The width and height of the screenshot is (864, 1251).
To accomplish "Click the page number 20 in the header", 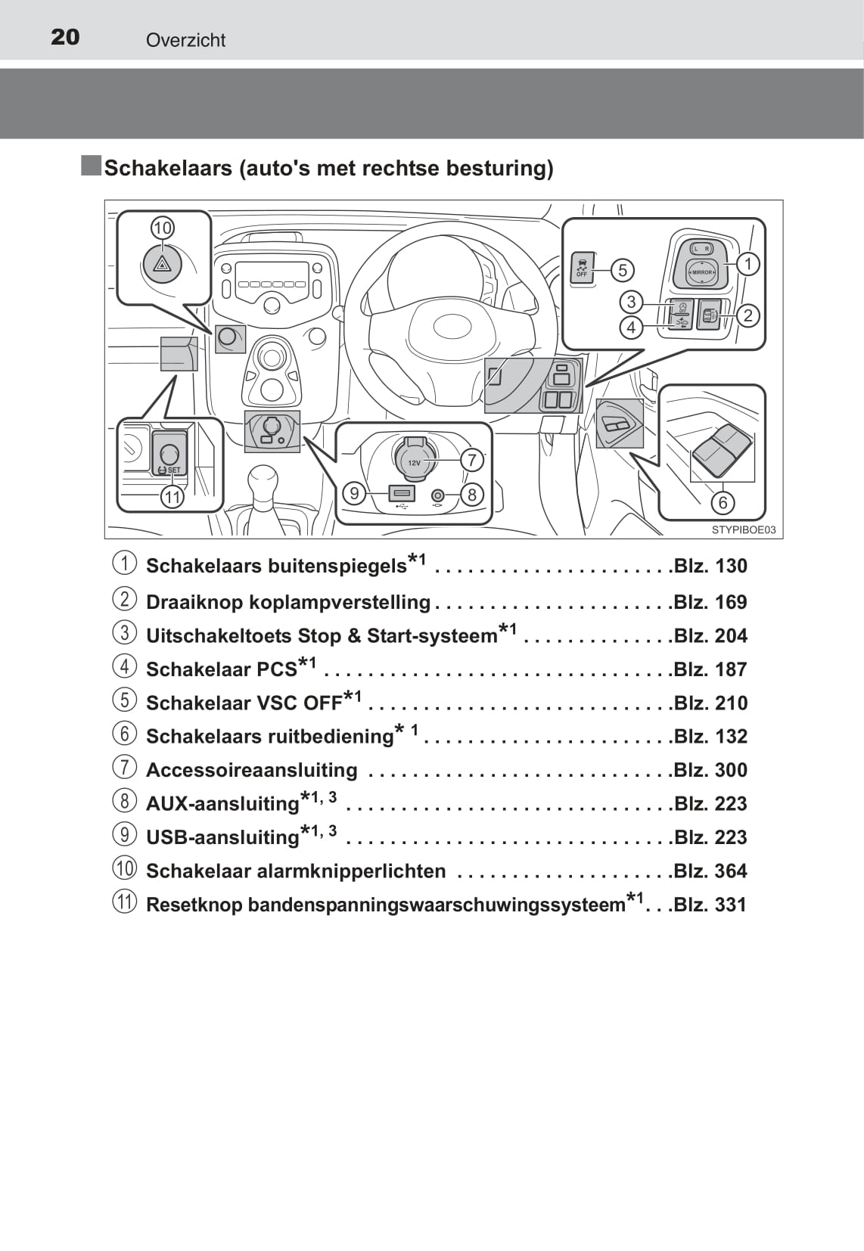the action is [65, 37].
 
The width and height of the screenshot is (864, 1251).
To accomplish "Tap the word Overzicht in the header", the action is [185, 40].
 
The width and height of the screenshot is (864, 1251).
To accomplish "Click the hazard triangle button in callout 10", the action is [163, 265].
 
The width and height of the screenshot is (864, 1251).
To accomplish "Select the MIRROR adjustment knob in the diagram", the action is [701, 272].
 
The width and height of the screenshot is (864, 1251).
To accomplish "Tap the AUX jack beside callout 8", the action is [438, 495].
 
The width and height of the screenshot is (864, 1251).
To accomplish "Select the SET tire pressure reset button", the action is [169, 454].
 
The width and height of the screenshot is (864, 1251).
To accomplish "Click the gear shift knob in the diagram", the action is [263, 481].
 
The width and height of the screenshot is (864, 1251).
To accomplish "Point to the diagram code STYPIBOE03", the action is [744, 530].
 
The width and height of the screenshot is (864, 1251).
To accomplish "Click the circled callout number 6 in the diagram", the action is [723, 503].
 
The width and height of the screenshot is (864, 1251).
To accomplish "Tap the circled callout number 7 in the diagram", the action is [472, 460].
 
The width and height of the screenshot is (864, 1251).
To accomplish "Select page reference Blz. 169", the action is [710, 602].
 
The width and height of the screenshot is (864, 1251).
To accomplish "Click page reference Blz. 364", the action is [710, 871].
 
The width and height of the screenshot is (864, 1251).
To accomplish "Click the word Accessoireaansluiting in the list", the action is [251, 770].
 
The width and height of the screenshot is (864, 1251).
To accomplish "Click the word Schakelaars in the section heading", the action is [168, 168].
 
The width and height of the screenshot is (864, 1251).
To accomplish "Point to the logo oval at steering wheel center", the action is [452, 325].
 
